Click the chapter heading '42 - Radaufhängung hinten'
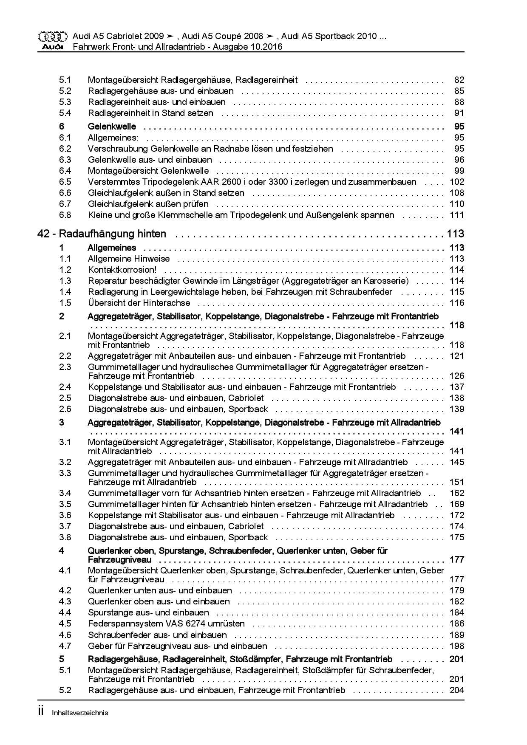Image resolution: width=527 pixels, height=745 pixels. point(102,234)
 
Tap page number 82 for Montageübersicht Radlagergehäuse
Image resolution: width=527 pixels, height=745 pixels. point(459,80)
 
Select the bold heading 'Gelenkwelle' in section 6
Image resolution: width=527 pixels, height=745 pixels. point(112,127)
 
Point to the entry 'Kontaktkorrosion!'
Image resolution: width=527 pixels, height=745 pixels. point(122,270)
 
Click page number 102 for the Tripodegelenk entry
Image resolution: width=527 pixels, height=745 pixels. point(457,182)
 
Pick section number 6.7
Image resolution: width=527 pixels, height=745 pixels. point(65,204)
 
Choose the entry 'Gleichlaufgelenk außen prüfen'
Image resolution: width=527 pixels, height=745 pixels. point(148,204)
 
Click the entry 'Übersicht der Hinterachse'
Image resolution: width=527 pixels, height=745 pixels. point(139,303)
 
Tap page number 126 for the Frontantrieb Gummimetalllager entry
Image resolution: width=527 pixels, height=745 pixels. point(457,376)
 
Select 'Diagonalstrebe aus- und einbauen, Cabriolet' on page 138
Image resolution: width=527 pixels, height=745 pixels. point(176,398)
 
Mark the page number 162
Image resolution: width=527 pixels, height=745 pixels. point(457,493)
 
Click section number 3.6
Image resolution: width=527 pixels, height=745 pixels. point(65,515)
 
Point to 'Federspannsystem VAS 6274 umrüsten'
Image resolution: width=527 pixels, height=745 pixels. point(166,624)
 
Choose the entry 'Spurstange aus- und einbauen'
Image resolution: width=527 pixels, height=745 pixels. point(148,612)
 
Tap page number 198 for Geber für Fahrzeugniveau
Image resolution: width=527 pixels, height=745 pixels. point(457,646)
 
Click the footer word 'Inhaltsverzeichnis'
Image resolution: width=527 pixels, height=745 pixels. point(80,713)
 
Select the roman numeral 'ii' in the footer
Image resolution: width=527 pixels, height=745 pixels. point(41,712)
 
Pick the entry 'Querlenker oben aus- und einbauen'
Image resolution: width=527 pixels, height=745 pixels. point(159,601)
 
